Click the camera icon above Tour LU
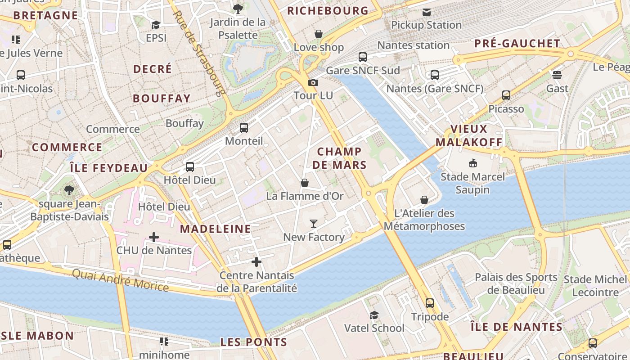point(313,82)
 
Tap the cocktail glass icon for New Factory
point(314,223)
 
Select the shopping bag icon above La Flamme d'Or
point(305,183)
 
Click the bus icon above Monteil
point(244,128)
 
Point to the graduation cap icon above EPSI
point(156,25)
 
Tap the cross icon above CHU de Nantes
point(154,237)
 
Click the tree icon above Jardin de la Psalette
point(238,8)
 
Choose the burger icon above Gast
point(557,75)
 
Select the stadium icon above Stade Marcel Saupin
point(472,163)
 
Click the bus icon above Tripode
point(430,303)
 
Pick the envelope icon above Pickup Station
point(426,12)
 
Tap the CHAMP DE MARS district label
point(339,158)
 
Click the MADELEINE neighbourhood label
point(216,229)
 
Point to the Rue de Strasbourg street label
point(199,53)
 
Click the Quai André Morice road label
point(120,280)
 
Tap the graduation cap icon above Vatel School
point(374,315)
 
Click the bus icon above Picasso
point(506,95)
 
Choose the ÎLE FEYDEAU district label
point(109,168)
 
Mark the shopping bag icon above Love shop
point(319,34)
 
